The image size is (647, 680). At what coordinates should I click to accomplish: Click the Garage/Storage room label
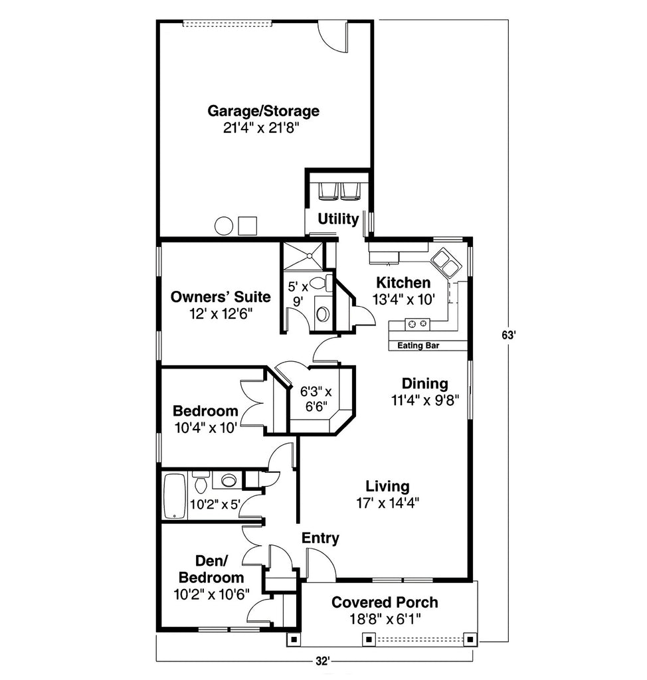pyautogui.click(x=264, y=111)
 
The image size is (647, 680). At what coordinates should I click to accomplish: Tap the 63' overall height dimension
pyautogui.click(x=508, y=335)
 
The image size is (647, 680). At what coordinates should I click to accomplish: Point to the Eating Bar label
pyautogui.click(x=418, y=345)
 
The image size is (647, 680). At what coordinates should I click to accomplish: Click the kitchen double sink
pyautogui.click(x=444, y=262)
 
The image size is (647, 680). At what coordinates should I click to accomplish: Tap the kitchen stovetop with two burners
pyautogui.click(x=417, y=323)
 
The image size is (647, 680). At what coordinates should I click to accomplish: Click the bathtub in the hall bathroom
pyautogui.click(x=175, y=496)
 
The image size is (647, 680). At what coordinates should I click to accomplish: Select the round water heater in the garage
pyautogui.click(x=224, y=226)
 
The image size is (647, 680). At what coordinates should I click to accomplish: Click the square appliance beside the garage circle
pyautogui.click(x=248, y=226)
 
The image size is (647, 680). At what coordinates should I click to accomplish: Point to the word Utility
pyautogui.click(x=338, y=219)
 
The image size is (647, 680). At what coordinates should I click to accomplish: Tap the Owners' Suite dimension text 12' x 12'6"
pyautogui.click(x=221, y=313)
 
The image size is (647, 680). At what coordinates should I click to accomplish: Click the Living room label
pyautogui.click(x=387, y=486)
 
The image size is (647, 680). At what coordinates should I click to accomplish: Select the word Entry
pyautogui.click(x=320, y=538)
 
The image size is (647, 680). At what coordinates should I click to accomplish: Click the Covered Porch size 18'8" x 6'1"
pyautogui.click(x=385, y=619)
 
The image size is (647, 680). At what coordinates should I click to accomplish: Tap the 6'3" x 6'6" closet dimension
pyautogui.click(x=316, y=398)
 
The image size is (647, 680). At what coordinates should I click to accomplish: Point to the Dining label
pyautogui.click(x=425, y=383)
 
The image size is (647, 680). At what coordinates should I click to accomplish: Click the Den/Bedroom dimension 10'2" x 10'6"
pyautogui.click(x=211, y=594)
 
